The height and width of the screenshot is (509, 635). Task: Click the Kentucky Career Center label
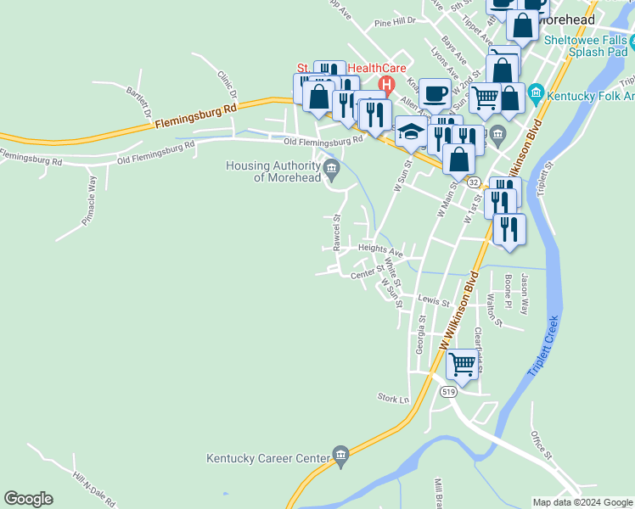tap(267, 459)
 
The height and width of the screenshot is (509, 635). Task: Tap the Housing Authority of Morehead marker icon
tap(332, 166)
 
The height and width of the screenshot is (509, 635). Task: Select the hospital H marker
tap(387, 84)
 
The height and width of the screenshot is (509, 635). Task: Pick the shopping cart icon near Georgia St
tap(462, 363)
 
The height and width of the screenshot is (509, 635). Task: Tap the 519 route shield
tap(449, 392)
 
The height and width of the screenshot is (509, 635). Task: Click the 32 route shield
tap(474, 182)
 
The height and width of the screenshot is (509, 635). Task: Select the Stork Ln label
tap(393, 397)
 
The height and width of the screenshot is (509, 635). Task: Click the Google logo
tap(28, 499)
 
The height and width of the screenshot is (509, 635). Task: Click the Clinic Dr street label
tap(225, 82)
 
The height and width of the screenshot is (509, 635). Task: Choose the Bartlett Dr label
tap(140, 101)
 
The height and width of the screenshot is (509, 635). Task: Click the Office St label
tap(541, 444)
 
